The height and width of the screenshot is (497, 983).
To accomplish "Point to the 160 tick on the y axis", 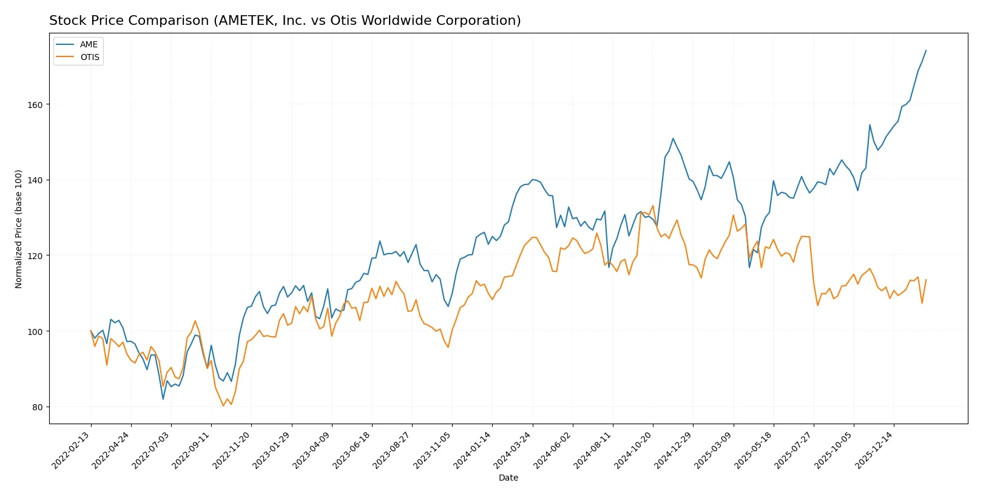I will click(x=35, y=104).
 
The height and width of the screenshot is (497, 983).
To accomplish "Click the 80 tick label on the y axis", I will click(x=38, y=407).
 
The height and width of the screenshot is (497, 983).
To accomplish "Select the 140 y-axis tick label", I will click(x=35, y=180).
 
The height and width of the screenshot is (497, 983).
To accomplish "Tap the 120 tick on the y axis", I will click(x=35, y=255).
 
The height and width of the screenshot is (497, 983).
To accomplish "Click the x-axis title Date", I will click(x=508, y=478).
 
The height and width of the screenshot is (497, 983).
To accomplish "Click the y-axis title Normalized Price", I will click(x=19, y=229).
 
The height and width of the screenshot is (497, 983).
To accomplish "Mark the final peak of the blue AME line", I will click(x=926, y=50).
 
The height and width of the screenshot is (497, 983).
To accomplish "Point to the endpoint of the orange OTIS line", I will click(x=926, y=280).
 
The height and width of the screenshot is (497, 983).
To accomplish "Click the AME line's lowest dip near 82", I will click(x=163, y=399).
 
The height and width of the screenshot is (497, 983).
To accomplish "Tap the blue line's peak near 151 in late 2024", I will click(x=673, y=138).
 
